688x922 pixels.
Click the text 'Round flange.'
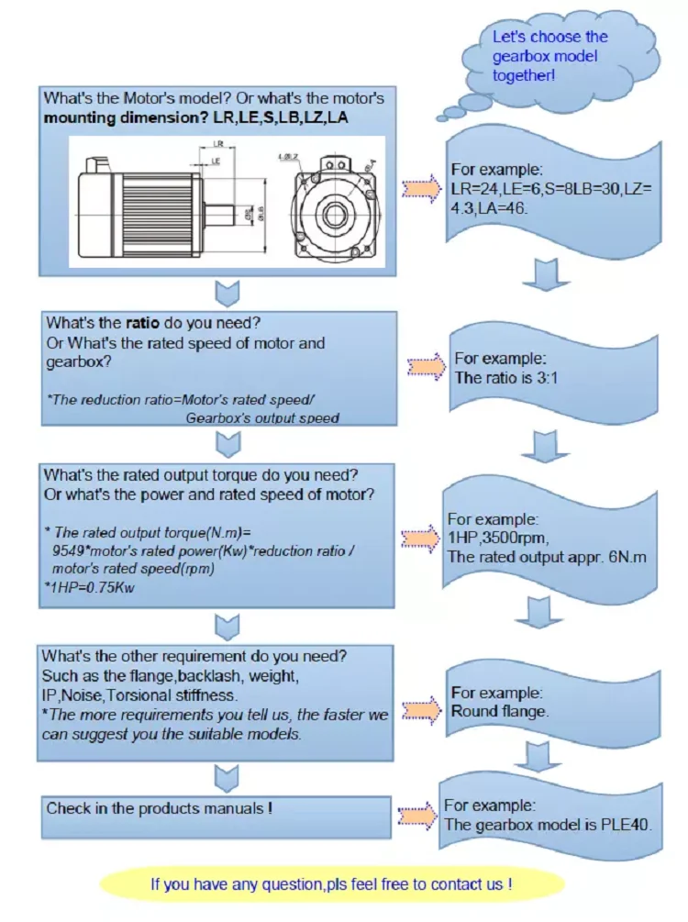tap(499, 711)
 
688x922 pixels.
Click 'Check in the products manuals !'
tap(160, 808)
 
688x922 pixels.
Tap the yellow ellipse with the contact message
tap(331, 884)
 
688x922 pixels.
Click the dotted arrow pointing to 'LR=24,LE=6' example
tap(422, 188)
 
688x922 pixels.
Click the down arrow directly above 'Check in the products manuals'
tap(227, 776)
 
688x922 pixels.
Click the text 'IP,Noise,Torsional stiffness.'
tap(133, 695)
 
